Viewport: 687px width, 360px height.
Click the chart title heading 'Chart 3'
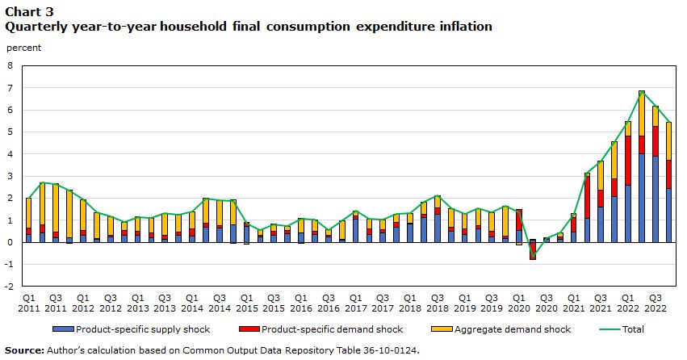click(29, 11)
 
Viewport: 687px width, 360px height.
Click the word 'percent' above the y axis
click(23, 48)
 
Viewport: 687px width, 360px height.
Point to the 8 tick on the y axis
click(10, 65)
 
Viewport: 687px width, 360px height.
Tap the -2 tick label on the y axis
click(9, 287)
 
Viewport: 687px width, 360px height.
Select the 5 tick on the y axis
click(10, 132)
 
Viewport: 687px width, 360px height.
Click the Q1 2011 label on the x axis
click(28, 303)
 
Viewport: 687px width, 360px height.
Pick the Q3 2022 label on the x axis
click(655, 303)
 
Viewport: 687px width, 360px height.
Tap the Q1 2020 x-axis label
click(519, 303)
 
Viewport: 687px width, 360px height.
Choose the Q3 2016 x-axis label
click(329, 303)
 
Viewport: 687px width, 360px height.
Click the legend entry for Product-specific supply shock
click(132, 329)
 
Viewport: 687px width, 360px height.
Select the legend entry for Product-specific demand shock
click(321, 329)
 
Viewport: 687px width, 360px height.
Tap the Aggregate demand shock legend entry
click(501, 329)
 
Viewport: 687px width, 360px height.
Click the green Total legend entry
click(622, 329)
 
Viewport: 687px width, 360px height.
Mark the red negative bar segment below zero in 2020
click(533, 251)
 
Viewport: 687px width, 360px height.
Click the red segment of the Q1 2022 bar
click(628, 161)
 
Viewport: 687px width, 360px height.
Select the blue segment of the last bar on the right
click(669, 215)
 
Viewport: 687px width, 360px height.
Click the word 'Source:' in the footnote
click(24, 350)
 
